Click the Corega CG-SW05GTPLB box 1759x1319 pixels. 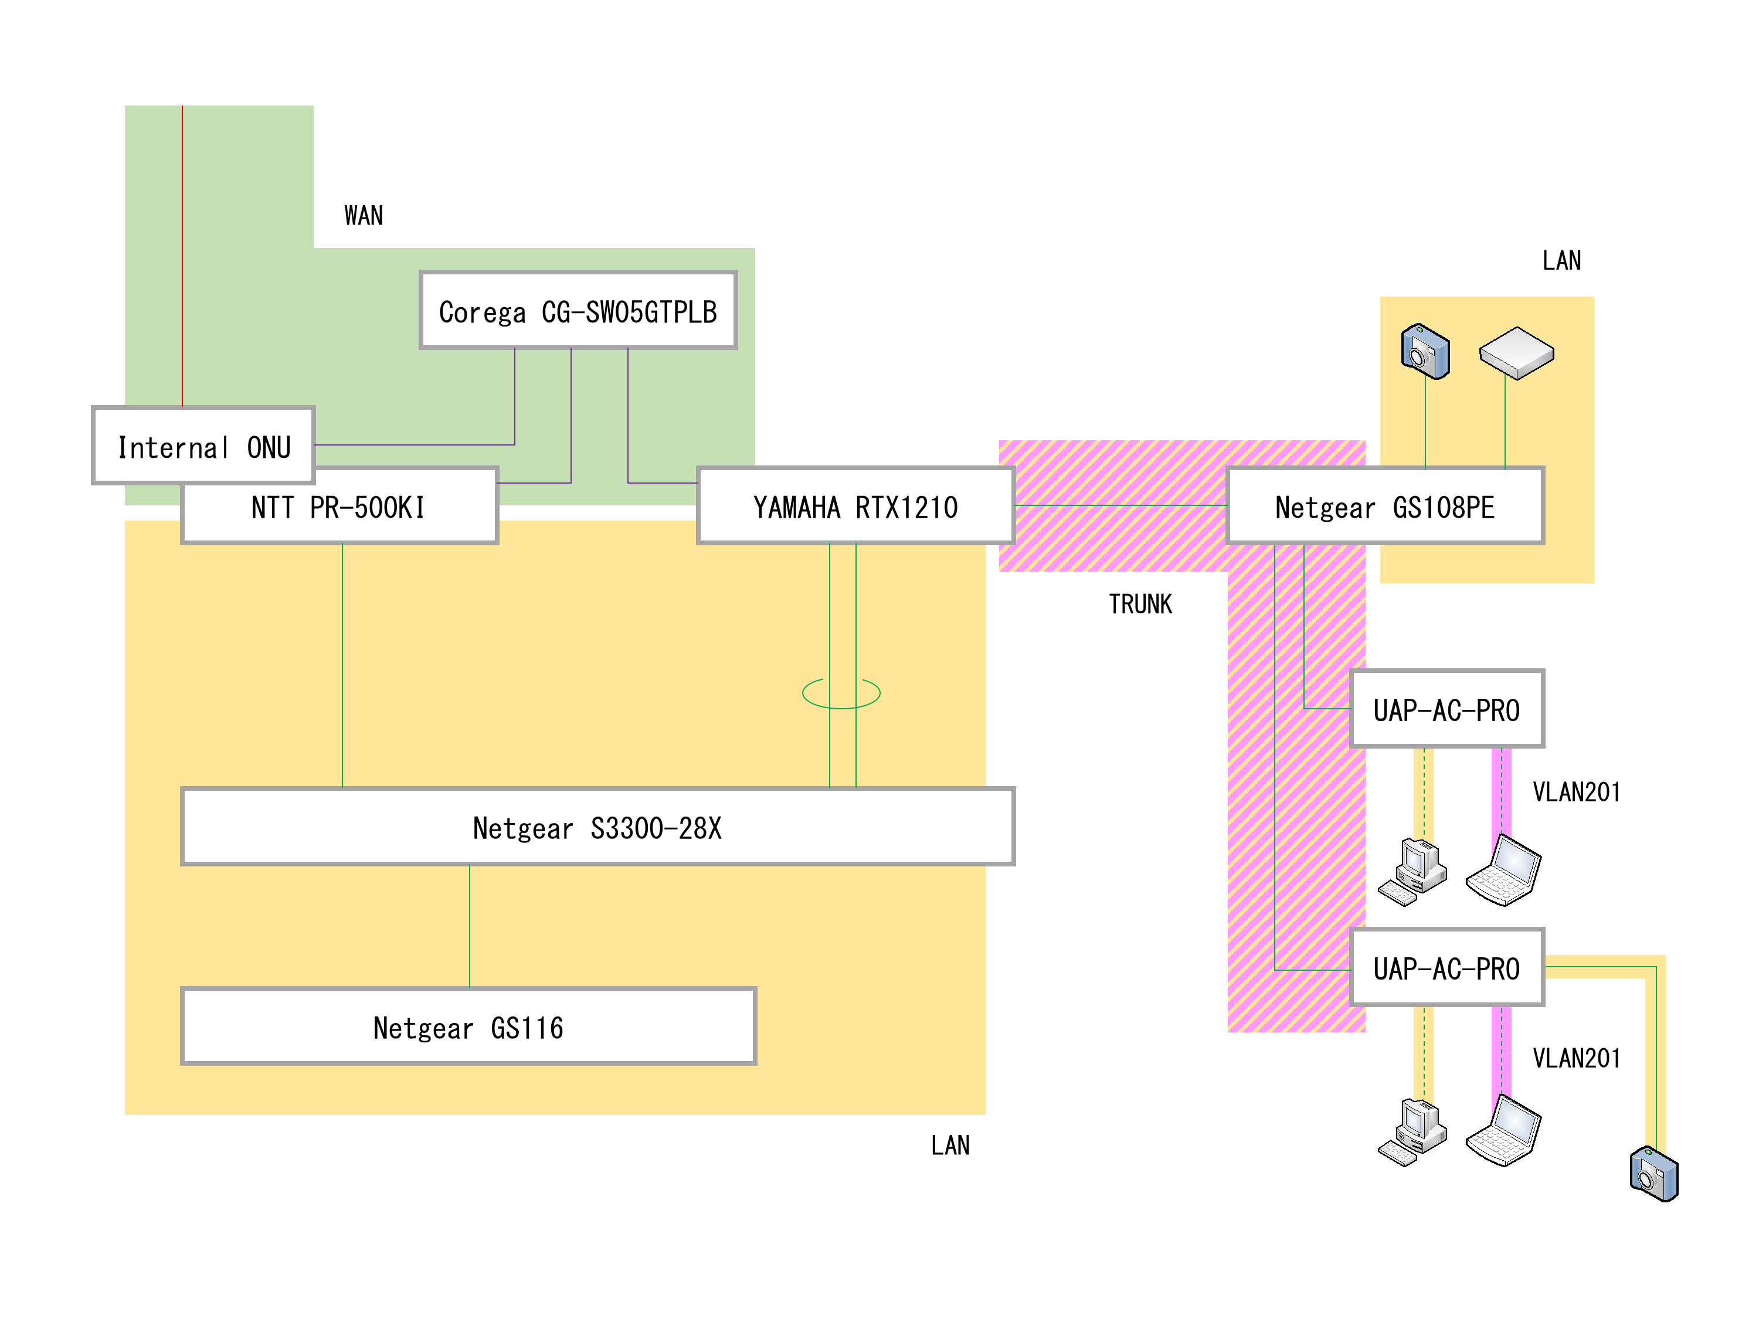pos(578,310)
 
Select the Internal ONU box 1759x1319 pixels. pos(203,445)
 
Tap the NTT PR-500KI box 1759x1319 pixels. pos(339,506)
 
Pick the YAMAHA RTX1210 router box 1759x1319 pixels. pos(855,506)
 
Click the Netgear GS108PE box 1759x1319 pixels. pos(1386,506)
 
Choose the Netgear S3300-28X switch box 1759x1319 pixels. pos(598,827)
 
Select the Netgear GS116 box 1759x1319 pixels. pos(468,1026)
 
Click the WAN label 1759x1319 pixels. pos(364,216)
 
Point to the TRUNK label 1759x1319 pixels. pos(1140,604)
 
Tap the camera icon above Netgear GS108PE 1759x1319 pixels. pos(1425,351)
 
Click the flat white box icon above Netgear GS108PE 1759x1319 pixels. pos(1516,353)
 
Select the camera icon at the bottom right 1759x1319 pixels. pos(1654,1174)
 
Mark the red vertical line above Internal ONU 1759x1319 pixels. pos(182,256)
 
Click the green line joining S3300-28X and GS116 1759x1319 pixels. pos(469,926)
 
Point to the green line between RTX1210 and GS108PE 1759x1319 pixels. pos(1121,505)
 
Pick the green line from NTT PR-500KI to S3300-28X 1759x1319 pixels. pos(342,665)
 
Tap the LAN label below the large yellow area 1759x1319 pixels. pos(950,1145)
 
